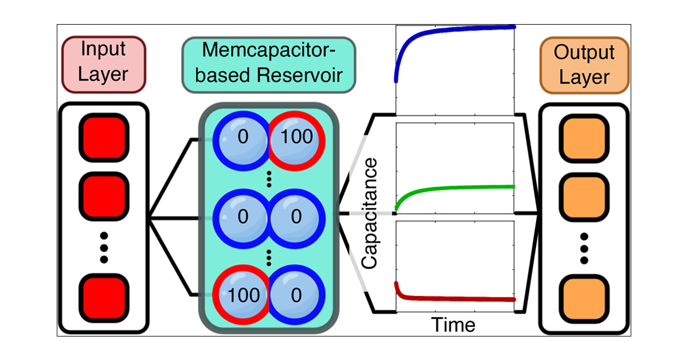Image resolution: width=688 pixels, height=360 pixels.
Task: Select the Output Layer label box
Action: tap(584, 65)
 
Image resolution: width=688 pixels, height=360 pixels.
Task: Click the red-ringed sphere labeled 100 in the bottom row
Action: tap(241, 295)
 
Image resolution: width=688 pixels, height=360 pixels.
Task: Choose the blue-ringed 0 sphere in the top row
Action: tap(241, 138)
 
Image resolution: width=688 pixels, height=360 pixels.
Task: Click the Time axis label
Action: tap(453, 324)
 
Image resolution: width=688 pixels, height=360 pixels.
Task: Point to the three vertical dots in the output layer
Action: tap(584, 248)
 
